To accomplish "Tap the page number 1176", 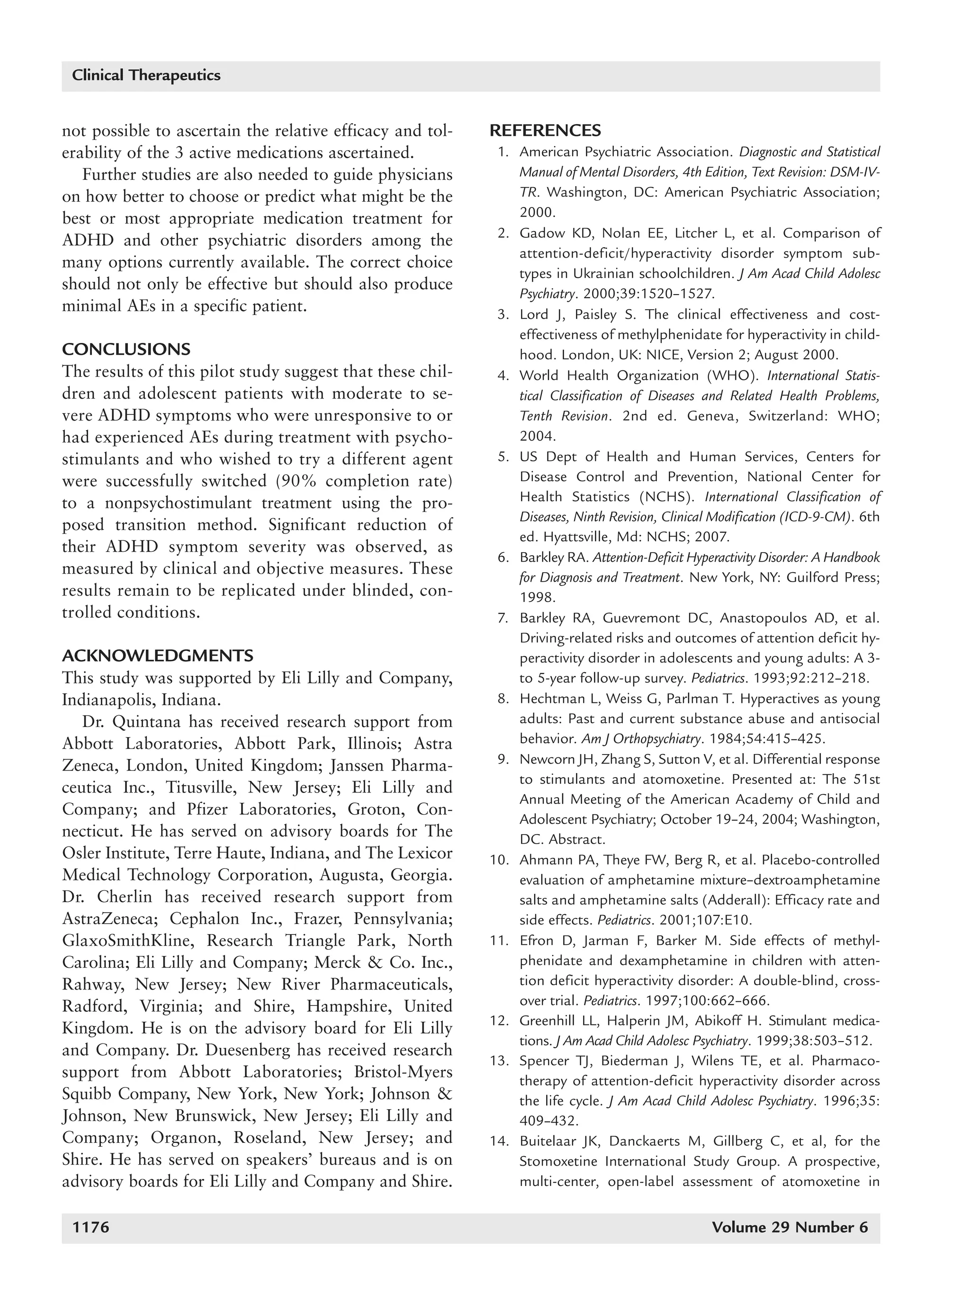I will pyautogui.click(x=90, y=1227).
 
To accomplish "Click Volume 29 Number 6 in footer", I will pyautogui.click(x=789, y=1227).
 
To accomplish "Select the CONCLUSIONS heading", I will pyautogui.click(x=126, y=350).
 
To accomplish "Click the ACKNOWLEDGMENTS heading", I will pyautogui.click(x=158, y=656).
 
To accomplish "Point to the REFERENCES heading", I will pyautogui.click(x=546, y=130).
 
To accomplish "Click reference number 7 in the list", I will pyautogui.click(x=503, y=618).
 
